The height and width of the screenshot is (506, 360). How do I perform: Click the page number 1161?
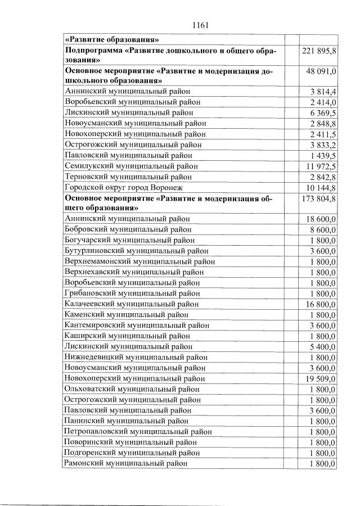point(200,25)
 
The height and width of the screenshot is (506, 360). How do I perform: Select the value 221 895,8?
point(319,51)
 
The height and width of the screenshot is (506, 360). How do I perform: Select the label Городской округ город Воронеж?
point(124,187)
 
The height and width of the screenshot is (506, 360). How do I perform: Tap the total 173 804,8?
point(319,198)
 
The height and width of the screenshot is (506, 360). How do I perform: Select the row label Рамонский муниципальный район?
point(127,463)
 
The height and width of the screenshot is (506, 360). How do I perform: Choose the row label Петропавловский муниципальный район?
point(138,432)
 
